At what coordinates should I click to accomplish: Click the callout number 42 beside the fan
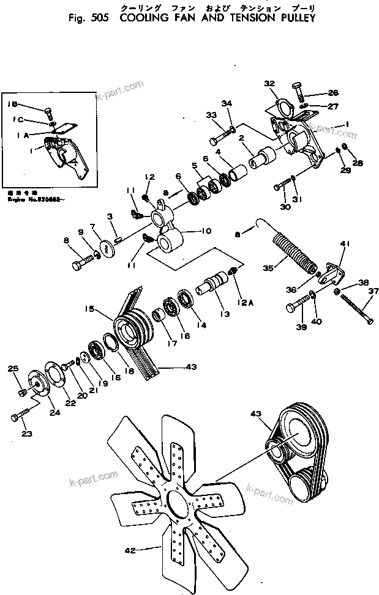tap(130, 550)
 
